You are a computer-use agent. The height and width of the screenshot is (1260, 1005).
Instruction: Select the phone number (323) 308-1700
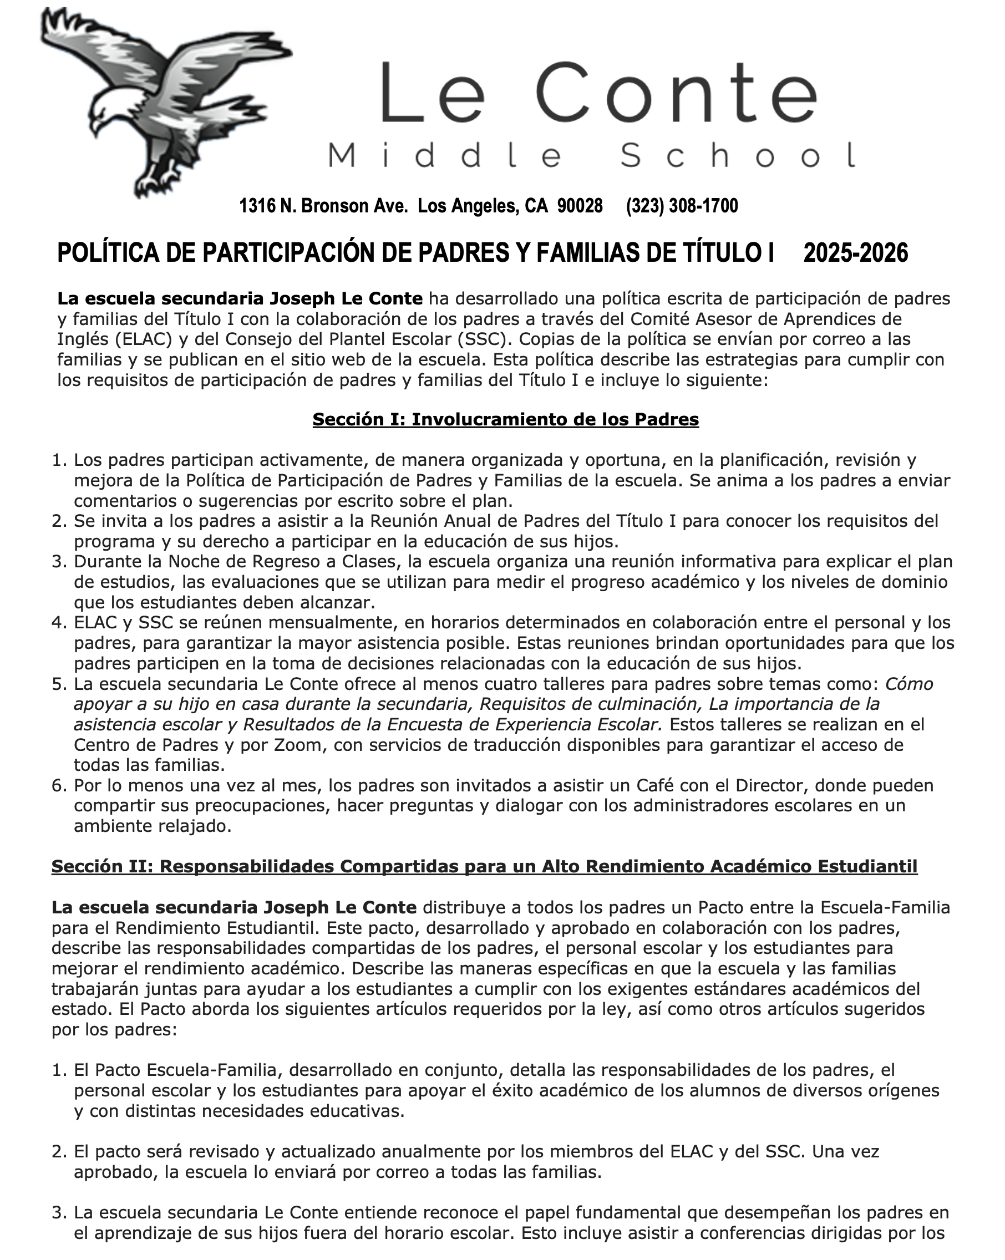[x=682, y=206]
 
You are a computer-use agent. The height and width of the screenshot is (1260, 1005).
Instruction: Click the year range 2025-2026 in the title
[x=855, y=253]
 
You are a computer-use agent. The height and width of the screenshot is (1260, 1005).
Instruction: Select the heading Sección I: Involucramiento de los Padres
[x=505, y=419]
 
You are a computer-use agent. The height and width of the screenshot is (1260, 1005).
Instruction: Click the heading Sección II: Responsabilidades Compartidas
[x=484, y=866]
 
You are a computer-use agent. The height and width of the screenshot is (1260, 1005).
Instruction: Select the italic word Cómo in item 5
[x=908, y=684]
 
